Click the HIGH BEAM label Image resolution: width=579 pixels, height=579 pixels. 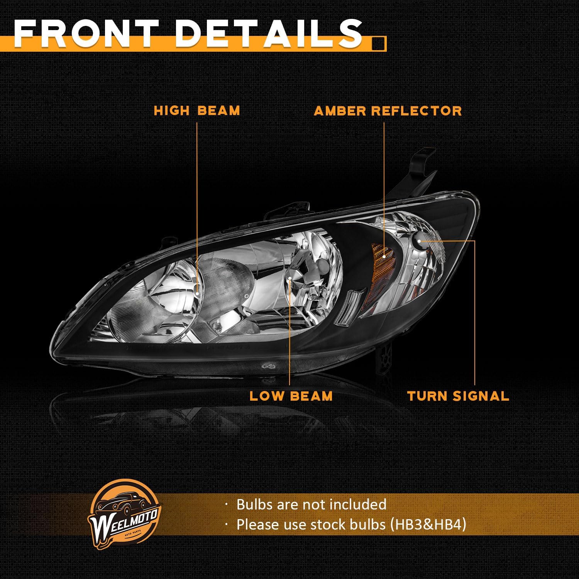tap(197, 111)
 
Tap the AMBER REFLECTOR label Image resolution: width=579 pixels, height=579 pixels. tap(388, 111)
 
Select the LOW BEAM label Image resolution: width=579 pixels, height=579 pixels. tap(291, 396)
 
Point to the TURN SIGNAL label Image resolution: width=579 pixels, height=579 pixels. tap(458, 396)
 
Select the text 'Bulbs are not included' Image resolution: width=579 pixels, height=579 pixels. tap(311, 504)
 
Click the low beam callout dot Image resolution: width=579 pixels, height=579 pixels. tap(289, 278)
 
